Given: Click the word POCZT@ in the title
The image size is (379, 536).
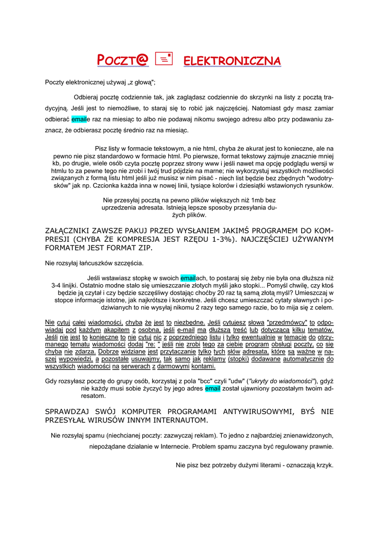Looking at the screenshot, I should click(x=123, y=61).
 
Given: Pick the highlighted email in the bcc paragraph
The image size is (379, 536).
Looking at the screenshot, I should click(x=213, y=388).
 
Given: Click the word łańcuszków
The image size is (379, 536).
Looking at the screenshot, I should click(x=95, y=263).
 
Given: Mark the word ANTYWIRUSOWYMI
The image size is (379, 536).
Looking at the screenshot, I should click(x=257, y=412).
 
